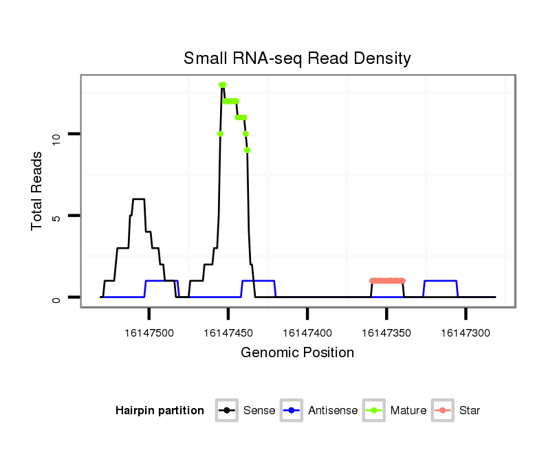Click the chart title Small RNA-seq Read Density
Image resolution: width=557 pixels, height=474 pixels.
[x=297, y=58]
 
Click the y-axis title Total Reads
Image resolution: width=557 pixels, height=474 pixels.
[x=39, y=191]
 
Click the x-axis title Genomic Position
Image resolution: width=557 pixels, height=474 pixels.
[x=297, y=353]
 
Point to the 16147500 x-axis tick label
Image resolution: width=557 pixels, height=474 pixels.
[x=149, y=333]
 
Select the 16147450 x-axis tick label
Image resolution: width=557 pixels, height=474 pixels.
[x=228, y=333]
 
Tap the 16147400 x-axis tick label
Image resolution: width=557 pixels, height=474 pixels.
[x=307, y=333]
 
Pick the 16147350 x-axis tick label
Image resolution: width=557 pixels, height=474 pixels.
[x=386, y=333]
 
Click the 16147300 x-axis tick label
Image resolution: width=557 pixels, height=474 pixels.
[x=466, y=333]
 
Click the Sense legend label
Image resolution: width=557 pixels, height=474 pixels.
[x=259, y=411]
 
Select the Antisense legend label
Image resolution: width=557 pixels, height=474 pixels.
[x=333, y=411]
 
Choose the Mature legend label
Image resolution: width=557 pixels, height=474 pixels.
[x=408, y=411]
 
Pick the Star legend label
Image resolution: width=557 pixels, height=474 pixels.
[x=469, y=411]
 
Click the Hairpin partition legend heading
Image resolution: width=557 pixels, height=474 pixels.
[x=160, y=411]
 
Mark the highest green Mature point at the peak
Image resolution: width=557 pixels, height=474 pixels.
[x=222, y=84]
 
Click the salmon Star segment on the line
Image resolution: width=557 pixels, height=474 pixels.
[x=387, y=280]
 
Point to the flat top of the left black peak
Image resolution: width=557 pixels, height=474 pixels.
[x=138, y=199]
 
